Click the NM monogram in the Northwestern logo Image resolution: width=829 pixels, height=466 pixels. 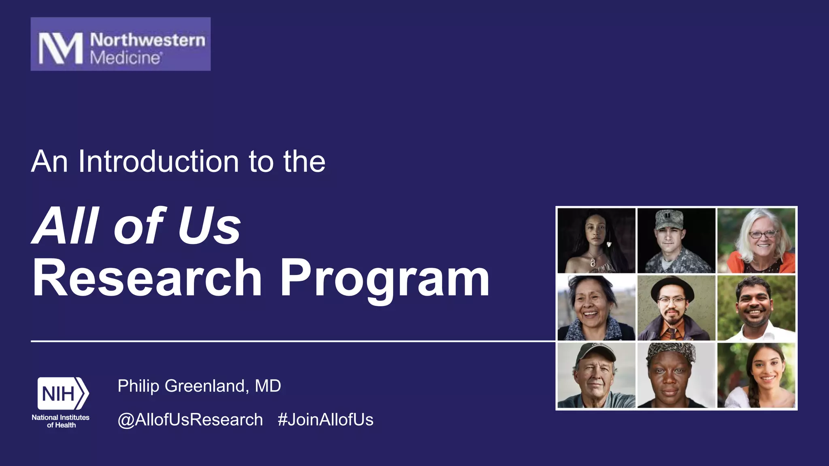pyautogui.click(x=60, y=48)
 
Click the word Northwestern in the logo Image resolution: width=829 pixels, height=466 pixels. pyautogui.click(x=147, y=40)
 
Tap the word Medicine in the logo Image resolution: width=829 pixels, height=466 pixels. pyautogui.click(x=125, y=58)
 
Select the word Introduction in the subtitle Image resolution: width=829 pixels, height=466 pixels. pyautogui.click(x=158, y=161)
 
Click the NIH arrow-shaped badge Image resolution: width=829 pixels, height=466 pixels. pyautogui.click(x=63, y=393)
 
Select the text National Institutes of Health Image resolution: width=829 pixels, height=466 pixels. pyautogui.click(x=61, y=421)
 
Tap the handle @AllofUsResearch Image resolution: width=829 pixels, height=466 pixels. pyautogui.click(x=190, y=419)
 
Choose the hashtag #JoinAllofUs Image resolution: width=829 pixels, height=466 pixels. pyautogui.click(x=325, y=419)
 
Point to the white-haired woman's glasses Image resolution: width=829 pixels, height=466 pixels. pyautogui.click(x=762, y=234)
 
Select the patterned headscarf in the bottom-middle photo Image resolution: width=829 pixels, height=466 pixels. pyautogui.click(x=670, y=351)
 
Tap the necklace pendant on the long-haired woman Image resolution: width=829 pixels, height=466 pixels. pyautogui.click(x=592, y=262)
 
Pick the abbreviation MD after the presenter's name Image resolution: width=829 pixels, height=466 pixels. pyautogui.click(x=268, y=386)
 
